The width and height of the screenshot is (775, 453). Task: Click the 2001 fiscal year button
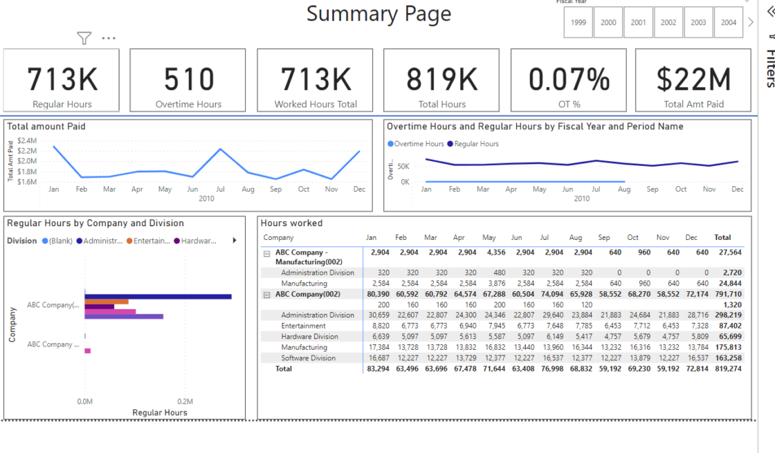pos(638,22)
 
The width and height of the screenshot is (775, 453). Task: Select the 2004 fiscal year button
pos(728,22)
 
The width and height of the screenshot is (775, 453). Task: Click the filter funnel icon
pos(84,38)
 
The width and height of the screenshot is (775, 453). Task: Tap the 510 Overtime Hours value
pos(188,80)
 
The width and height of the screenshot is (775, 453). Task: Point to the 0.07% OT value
pos(569,80)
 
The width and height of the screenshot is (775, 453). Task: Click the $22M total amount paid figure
pos(693,80)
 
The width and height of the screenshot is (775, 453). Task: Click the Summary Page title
pos(379,14)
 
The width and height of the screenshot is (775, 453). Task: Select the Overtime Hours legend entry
pos(416,144)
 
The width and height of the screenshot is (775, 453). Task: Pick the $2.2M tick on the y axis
pos(27,151)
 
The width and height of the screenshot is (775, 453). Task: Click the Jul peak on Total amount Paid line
pos(221,149)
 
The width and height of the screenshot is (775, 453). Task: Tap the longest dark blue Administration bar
pos(158,297)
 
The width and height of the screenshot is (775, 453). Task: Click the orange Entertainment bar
pos(107,302)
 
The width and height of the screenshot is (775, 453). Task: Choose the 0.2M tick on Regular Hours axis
pos(185,401)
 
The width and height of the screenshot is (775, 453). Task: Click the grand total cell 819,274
pos(728,369)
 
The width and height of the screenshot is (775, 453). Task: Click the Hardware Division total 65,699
pos(729,337)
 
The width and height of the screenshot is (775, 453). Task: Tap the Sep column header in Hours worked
pos(603,238)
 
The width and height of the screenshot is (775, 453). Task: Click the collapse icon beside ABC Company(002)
pos(266,294)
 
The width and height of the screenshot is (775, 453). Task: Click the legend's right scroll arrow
pos(234,241)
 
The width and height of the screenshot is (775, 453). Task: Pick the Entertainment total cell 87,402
pos(729,326)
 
